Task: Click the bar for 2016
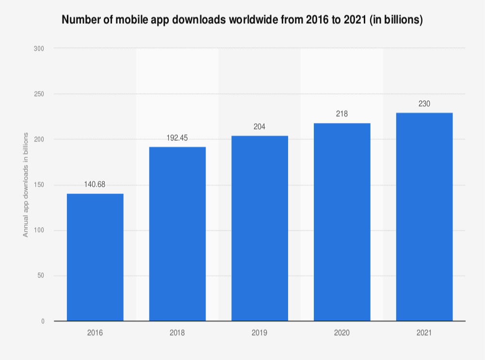pos(95,257)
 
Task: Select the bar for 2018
pos(178,234)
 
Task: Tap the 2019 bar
pos(259,228)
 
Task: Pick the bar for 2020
pos(342,222)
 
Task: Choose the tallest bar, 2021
pos(424,217)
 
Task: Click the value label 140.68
pos(95,185)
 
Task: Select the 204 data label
pos(259,126)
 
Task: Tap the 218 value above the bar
pos(342,114)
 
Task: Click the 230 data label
pos(424,103)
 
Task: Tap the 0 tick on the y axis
pos(43,321)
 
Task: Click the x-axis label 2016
pos(95,333)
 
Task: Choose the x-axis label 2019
pos(259,333)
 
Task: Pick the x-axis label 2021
pos(424,333)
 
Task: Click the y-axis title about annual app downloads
pos(26,185)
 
